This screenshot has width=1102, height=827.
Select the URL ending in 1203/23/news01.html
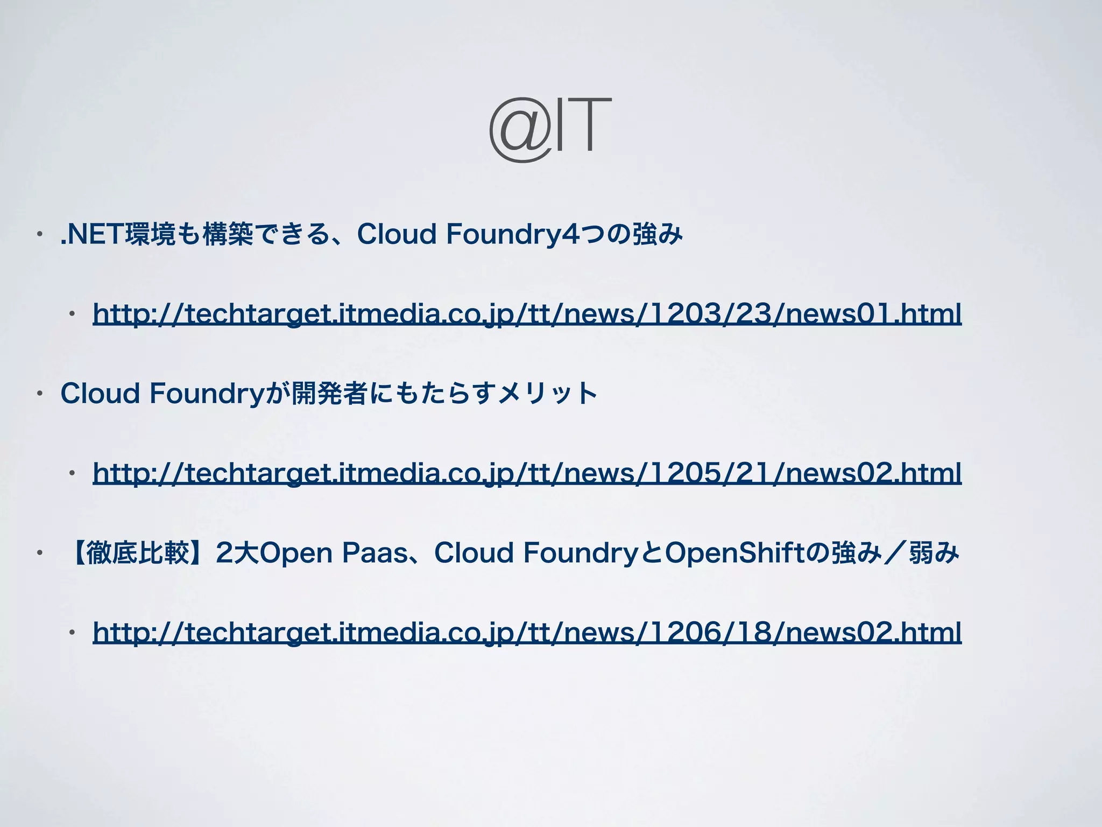pyautogui.click(x=527, y=313)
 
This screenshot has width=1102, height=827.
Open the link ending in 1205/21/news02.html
pyautogui.click(x=527, y=473)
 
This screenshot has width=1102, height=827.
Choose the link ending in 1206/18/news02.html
pyautogui.click(x=527, y=632)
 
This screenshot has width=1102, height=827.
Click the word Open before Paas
pyautogui.click(x=297, y=553)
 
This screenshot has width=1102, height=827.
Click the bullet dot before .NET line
pyautogui.click(x=39, y=235)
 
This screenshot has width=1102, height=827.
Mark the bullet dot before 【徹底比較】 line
pyautogui.click(x=39, y=553)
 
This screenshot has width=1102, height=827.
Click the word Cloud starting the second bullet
pyautogui.click(x=100, y=394)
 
